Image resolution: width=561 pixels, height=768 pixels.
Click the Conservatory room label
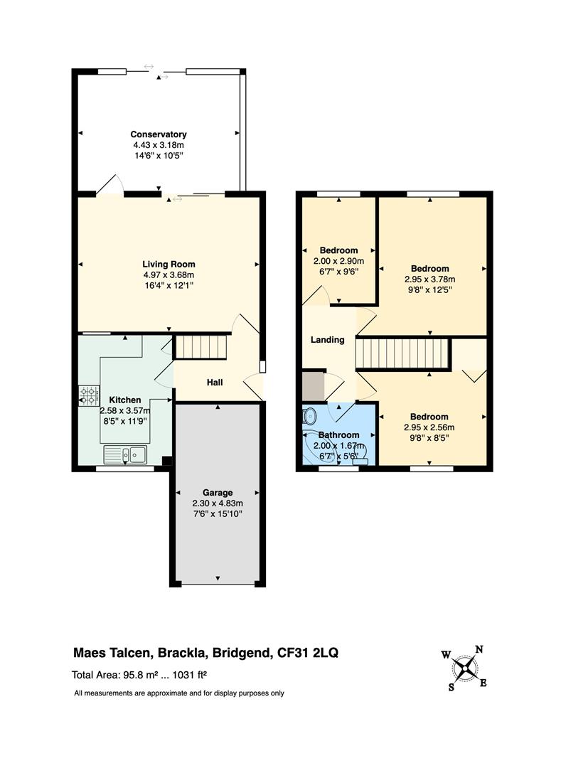click(158, 134)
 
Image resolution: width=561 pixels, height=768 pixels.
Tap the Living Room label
click(169, 265)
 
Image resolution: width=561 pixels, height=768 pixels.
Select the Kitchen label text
click(125, 400)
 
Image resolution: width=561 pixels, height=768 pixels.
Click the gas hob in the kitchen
click(89, 396)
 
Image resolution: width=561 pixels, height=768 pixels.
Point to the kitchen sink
click(125, 454)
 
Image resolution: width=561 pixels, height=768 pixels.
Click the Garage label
click(218, 493)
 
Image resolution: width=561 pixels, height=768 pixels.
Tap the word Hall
click(215, 383)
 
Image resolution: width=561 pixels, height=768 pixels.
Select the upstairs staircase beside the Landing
click(402, 353)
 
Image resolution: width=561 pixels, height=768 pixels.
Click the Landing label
click(328, 340)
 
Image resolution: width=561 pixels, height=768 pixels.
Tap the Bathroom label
click(338, 435)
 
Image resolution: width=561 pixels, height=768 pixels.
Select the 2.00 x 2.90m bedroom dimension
click(338, 262)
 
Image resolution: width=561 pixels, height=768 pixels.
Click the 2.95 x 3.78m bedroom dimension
click(429, 279)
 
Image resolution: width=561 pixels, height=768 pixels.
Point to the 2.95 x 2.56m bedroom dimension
click(429, 427)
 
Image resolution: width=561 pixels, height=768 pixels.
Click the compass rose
click(464, 668)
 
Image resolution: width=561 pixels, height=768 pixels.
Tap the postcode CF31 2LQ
click(307, 653)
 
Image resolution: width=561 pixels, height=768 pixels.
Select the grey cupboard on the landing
click(313, 386)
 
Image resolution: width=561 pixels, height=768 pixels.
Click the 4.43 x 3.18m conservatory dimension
click(159, 145)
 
